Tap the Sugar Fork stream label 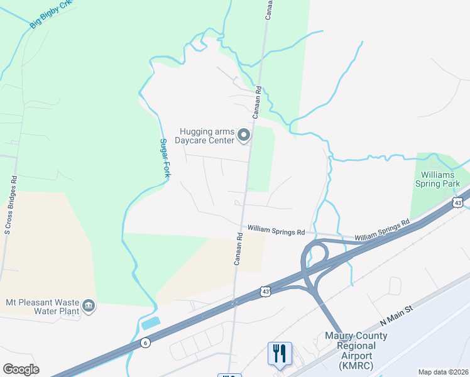point(164,158)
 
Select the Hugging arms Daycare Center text point(207,135)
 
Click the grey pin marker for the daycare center point(244,134)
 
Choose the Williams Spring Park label point(437,179)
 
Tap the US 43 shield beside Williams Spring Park point(458,203)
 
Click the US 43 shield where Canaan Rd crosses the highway point(266,291)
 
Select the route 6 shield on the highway point(145,342)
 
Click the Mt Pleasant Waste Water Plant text point(43,307)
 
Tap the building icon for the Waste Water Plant point(89,306)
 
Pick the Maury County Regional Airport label point(356,350)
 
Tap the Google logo point(21,369)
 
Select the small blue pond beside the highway point(151,324)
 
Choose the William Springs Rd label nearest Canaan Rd point(275,231)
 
